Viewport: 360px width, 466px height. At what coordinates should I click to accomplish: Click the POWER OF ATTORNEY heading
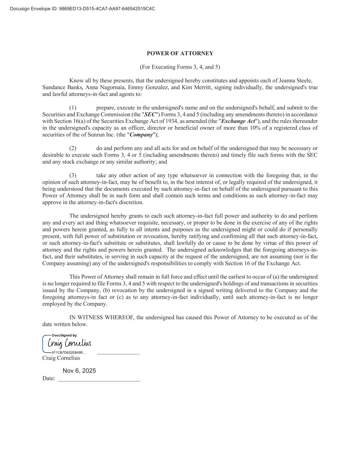point(180,53)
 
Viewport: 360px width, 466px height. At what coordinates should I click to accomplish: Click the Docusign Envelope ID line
point(82,9)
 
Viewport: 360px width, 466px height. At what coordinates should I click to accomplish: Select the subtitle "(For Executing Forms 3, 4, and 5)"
point(180,67)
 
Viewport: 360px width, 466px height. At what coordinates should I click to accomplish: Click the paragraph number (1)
point(73,108)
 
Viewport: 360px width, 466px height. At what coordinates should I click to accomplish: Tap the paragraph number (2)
point(73,148)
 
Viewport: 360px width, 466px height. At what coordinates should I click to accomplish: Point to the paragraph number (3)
point(73,175)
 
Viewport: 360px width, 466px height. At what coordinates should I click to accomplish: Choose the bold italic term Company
point(141,135)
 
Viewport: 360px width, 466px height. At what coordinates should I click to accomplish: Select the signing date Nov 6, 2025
point(79,371)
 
